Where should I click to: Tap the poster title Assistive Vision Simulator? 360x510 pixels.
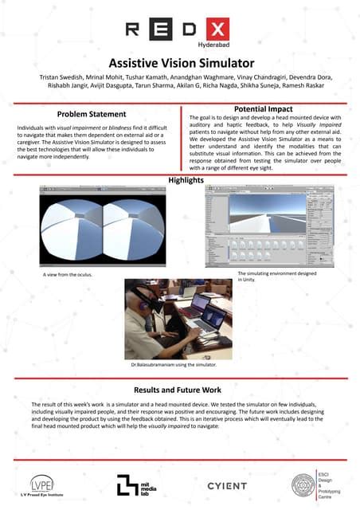(x=181, y=61)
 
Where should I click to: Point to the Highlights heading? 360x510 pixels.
(x=181, y=180)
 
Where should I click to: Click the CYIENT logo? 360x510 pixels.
(x=227, y=485)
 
